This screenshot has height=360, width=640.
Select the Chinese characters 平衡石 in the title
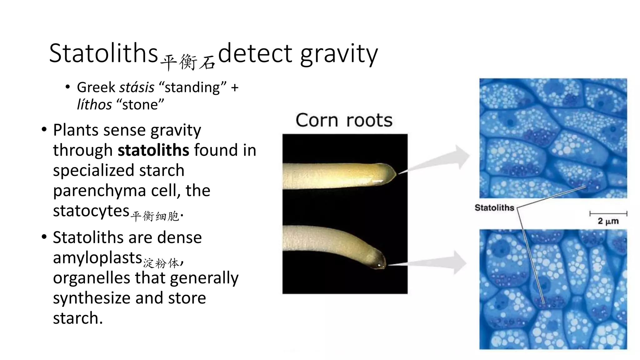click(188, 62)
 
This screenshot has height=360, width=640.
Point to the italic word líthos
click(94, 105)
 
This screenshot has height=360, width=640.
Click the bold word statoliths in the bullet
click(153, 150)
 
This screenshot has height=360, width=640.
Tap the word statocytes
click(91, 211)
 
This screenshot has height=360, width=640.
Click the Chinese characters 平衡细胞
click(155, 216)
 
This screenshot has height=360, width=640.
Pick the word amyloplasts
click(97, 258)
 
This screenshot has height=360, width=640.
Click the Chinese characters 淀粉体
click(161, 263)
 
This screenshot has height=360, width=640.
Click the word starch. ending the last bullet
click(78, 318)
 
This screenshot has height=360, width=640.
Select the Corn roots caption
click(344, 120)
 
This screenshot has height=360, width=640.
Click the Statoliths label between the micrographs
click(494, 208)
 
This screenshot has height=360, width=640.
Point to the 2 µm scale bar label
click(608, 221)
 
